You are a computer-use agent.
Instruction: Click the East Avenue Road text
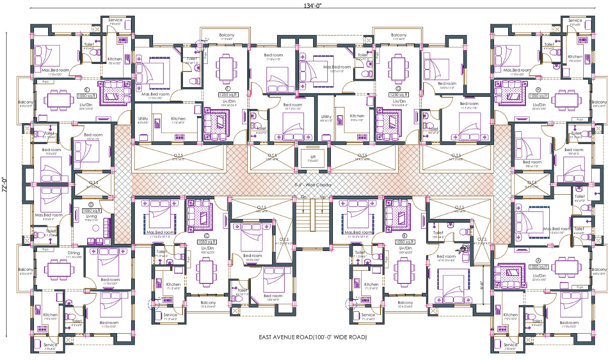[312, 337]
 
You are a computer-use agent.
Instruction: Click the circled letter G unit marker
[398, 88]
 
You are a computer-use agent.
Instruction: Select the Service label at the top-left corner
[115, 19]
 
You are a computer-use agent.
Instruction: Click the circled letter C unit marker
[207, 236]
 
